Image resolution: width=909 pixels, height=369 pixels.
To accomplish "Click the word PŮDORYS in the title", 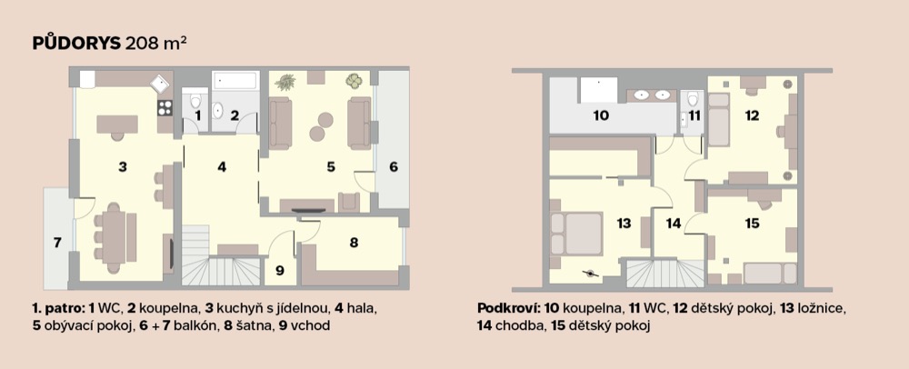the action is (77, 45).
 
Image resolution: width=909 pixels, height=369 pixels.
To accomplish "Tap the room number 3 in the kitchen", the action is (123, 167).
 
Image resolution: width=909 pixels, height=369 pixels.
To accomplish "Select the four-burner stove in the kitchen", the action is (165, 107).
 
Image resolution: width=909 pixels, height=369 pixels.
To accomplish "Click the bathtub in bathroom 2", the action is (235, 80).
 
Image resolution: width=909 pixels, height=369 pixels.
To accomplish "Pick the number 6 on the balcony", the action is (394, 167).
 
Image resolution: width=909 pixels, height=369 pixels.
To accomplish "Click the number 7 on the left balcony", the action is (57, 243).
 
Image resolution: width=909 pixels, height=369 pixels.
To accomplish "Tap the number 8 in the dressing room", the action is (354, 243).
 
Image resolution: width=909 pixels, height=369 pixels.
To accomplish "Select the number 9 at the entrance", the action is (280, 270).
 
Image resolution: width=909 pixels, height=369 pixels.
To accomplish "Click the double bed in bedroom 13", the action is (576, 233).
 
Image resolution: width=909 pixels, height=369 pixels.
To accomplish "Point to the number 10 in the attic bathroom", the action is (601, 115).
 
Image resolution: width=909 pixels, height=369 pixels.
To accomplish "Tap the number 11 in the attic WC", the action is (694, 115).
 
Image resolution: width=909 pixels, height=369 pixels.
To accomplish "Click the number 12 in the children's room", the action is (752, 115).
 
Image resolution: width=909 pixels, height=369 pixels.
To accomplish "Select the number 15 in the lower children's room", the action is (752, 223).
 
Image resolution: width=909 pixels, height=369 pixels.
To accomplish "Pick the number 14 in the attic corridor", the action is (673, 223).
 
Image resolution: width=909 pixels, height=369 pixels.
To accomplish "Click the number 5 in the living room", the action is (331, 167).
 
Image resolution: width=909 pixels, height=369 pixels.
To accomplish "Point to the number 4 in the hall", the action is (222, 167).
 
